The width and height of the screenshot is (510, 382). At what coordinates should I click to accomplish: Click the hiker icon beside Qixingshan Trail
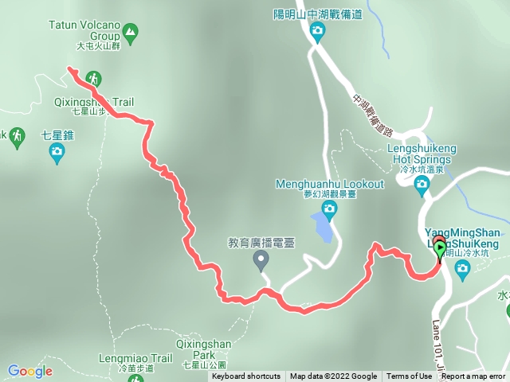point(95,79)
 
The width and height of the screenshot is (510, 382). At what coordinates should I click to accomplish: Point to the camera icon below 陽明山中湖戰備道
point(317,32)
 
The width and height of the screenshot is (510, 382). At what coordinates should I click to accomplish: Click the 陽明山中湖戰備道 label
point(317,14)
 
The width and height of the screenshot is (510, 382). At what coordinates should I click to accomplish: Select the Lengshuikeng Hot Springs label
point(419,154)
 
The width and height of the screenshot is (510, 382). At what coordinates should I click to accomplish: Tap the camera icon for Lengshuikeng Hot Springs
point(422,185)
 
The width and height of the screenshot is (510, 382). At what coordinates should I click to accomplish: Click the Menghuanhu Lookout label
point(329,184)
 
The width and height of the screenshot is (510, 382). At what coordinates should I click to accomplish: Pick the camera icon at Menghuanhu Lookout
point(329,209)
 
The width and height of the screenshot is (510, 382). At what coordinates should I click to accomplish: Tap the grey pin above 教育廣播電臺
point(261,259)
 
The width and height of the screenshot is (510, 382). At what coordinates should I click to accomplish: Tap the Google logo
point(29,371)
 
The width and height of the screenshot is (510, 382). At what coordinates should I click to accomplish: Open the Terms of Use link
point(409,376)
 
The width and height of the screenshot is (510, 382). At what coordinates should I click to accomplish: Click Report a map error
point(473,376)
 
